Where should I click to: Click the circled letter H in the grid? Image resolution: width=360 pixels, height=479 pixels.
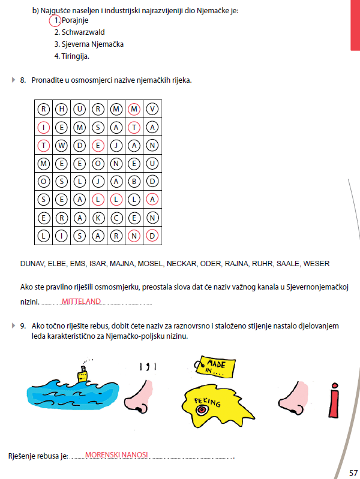pos(62,109)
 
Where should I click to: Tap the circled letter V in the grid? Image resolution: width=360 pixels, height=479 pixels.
pos(153,109)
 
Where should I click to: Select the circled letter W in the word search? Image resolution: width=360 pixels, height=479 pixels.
pos(62,145)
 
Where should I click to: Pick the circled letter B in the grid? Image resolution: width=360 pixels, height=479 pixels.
pos(135,181)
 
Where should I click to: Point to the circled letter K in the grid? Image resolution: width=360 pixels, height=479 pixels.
pos(98,218)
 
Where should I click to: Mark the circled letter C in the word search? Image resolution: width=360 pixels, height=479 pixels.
pos(116,218)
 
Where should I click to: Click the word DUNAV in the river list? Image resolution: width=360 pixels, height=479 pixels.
pos(32,263)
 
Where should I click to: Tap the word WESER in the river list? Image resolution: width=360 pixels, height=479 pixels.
pos(316,263)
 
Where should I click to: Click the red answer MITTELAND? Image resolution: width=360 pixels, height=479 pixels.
pos(81,302)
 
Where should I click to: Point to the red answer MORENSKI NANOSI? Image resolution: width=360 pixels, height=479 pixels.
pos(116,455)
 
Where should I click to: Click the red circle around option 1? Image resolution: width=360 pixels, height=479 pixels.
pos(55,20)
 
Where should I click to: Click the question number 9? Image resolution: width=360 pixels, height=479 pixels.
pos(22,326)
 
